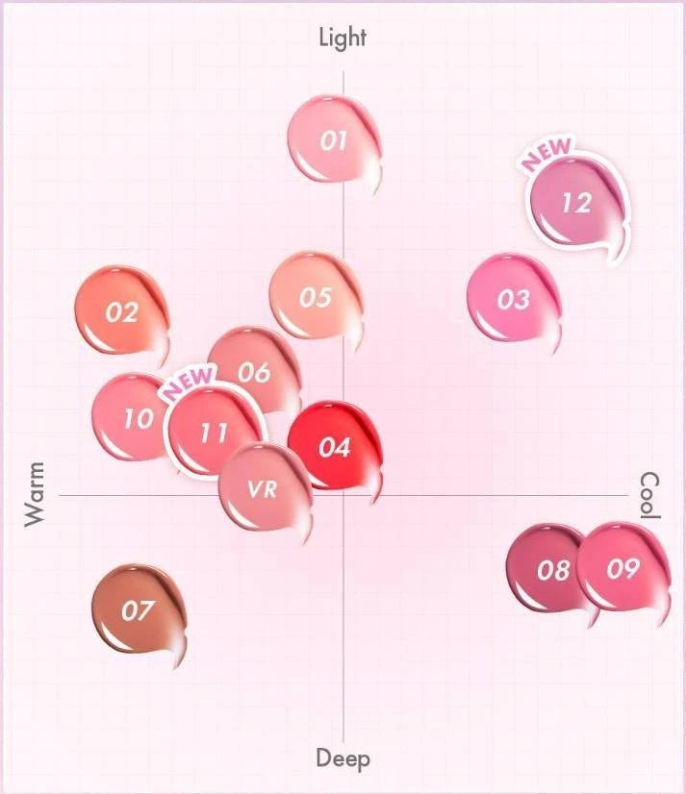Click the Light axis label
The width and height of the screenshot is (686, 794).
pos(343,37)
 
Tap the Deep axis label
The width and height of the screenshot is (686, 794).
pos(343,758)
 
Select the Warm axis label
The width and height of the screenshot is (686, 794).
pos(35,494)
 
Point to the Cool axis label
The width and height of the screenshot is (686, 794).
pos(650,495)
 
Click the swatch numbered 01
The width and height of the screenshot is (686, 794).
pos(332,140)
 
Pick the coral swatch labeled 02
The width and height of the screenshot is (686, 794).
pos(121,311)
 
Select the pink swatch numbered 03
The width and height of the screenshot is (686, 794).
pos(512,299)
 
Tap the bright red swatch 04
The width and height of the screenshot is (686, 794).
pos(334,447)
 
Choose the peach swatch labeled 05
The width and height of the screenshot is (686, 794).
pos(314,297)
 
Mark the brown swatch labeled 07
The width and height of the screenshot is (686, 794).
pos(137,610)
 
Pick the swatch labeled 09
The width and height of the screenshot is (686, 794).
pos(623,568)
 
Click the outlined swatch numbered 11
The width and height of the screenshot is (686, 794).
pos(213,432)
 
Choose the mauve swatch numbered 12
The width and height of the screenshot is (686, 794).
pos(575,203)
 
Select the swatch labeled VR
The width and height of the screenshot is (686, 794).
pos(262,489)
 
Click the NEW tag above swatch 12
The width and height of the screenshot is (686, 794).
pos(546,154)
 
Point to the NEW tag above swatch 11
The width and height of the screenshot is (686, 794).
pos(188,383)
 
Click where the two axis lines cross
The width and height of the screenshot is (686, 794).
pos(343,495)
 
